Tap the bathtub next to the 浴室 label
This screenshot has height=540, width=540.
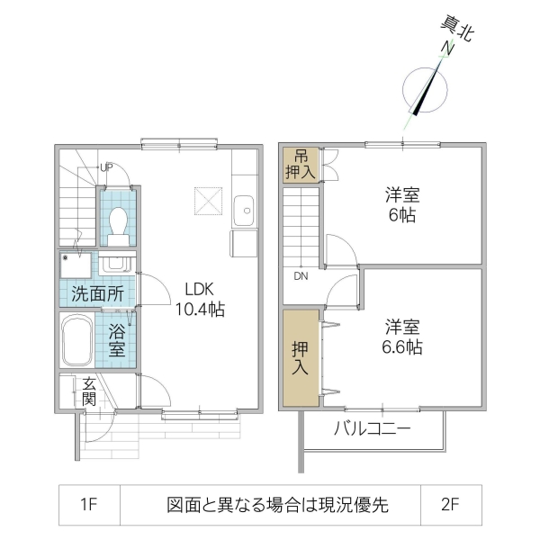[x=76, y=339]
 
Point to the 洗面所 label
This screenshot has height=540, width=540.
[x=97, y=292]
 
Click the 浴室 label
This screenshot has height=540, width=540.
[x=117, y=339]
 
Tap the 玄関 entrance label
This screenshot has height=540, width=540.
[x=88, y=391]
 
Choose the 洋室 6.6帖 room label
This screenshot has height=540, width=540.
[x=402, y=336]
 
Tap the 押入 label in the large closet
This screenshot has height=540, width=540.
[x=300, y=358]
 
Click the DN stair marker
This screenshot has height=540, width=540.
[x=300, y=276]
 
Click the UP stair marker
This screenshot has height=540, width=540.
[x=106, y=166]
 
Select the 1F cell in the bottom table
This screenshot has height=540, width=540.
[x=87, y=505]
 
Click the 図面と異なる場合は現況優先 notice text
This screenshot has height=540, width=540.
[x=277, y=505]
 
